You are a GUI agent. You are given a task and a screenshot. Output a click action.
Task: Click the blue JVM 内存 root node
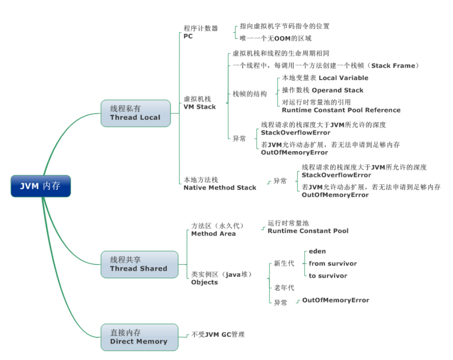coord(41,186)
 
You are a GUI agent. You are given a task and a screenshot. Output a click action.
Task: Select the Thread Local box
coord(135,113)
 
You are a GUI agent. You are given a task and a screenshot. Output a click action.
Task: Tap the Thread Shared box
coord(138,264)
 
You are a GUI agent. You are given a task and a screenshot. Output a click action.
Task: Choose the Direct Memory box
coord(139,337)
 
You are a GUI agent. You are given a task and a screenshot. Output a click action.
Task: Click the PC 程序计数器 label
coord(200,32)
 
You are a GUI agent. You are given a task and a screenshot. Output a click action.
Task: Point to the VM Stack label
coord(199,103)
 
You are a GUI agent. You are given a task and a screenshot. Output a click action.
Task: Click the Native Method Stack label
coord(220,184)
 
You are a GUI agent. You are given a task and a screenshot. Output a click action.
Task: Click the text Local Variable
coord(344,78)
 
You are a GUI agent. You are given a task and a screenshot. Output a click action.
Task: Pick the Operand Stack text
coord(337,90)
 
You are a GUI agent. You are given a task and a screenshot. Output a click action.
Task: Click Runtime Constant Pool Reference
coord(341,110)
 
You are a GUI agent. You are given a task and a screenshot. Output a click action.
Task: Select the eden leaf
coord(317,251)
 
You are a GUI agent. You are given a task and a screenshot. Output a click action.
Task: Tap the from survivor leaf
coord(333,263)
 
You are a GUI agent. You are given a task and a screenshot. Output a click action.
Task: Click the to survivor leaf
coord(328,276)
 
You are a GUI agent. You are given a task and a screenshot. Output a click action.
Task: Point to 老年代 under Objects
coord(284,288)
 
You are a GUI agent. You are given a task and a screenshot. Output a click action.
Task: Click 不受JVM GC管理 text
coord(218,335)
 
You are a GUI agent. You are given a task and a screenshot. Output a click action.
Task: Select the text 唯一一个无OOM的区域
coord(275,38)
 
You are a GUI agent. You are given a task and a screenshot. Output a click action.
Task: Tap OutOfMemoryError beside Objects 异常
coord(335,300)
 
